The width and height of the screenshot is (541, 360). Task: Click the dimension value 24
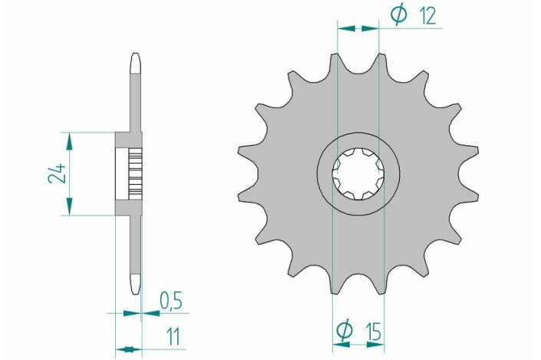click(x=57, y=173)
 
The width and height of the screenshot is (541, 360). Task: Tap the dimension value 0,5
click(x=171, y=301)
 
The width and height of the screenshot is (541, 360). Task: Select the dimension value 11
click(x=173, y=337)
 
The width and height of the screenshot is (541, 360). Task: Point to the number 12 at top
click(x=427, y=16)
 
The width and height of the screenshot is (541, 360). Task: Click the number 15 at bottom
click(x=373, y=332)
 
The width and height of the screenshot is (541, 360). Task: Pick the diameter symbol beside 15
click(x=345, y=330)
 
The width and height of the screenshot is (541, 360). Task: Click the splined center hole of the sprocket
click(x=358, y=174)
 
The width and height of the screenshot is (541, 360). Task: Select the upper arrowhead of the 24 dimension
click(x=69, y=141)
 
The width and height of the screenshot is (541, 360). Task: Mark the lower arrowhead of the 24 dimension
click(x=69, y=206)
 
